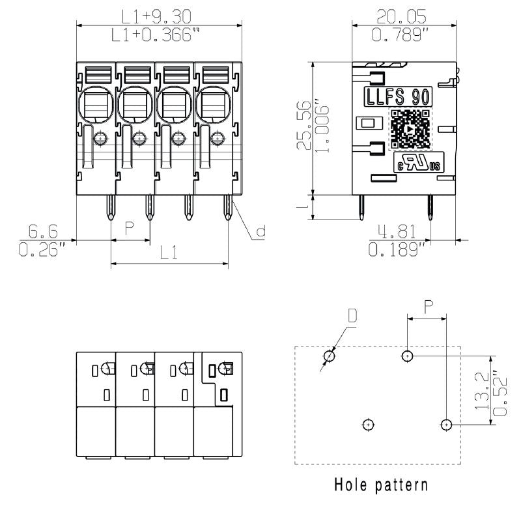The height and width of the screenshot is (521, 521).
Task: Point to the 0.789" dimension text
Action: pos(404,35)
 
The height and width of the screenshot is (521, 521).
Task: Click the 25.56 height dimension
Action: pos(304,125)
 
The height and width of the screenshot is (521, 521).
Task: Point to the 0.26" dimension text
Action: pos(43,249)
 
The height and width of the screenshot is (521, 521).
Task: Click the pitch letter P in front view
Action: pos(130,228)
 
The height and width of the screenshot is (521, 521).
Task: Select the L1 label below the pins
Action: pos(169,253)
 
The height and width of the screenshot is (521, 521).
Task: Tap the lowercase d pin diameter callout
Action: pos(260,231)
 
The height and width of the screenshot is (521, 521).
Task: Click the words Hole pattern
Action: pos(381,485)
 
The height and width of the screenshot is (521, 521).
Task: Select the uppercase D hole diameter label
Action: pos(352,317)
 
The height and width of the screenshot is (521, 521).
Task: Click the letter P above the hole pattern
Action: pos(427,307)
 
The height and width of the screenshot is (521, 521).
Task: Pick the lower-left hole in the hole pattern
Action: pos(369,425)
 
